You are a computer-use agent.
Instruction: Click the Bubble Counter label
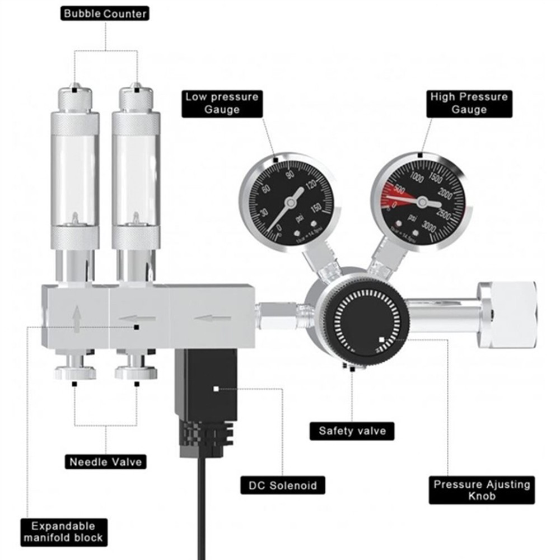pyautogui.click(x=105, y=13)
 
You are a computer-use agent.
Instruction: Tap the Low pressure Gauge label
pyautogui.click(x=222, y=103)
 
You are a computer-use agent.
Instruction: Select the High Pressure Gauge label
pyautogui.click(x=469, y=103)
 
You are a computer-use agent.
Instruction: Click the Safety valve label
pyautogui.click(x=352, y=431)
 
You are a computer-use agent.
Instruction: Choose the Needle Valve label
pyautogui.click(x=106, y=462)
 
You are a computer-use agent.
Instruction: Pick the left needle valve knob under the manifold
pyautogui.click(x=76, y=372)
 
